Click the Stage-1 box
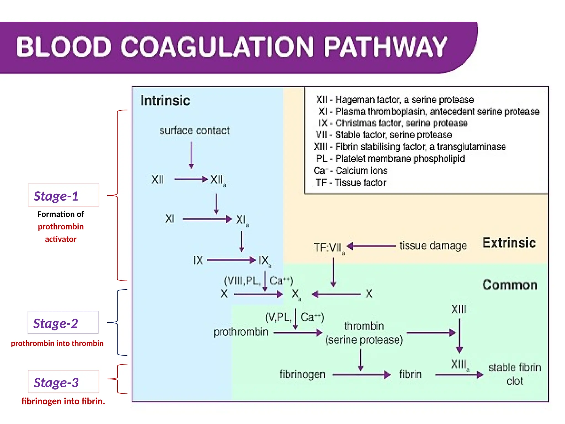(63, 195)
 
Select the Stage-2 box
(63, 322)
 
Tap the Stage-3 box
(63, 381)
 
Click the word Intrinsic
(165, 100)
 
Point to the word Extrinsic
(509, 243)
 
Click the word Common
(510, 285)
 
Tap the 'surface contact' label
(194, 131)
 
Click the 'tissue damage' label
(433, 245)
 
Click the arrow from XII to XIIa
(191, 179)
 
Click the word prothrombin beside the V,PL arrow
(241, 332)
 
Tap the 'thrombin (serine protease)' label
(364, 333)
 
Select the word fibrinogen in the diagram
(302, 375)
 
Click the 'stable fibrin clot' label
(515, 374)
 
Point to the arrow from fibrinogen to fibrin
(361, 375)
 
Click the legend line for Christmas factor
(393, 123)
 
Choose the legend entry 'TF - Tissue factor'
(351, 182)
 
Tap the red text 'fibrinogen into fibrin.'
(63, 401)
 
